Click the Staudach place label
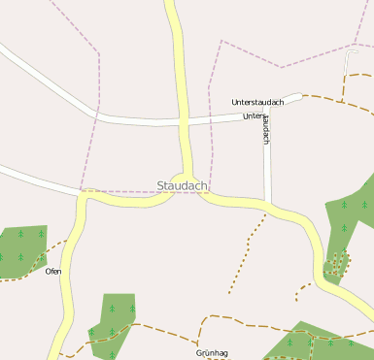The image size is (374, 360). (x=183, y=185)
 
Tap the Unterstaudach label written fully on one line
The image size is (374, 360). (x=257, y=102)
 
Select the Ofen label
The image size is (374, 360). (x=53, y=271)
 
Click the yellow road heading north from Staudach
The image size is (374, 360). (x=180, y=68)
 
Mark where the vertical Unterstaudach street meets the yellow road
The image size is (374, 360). (x=268, y=205)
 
